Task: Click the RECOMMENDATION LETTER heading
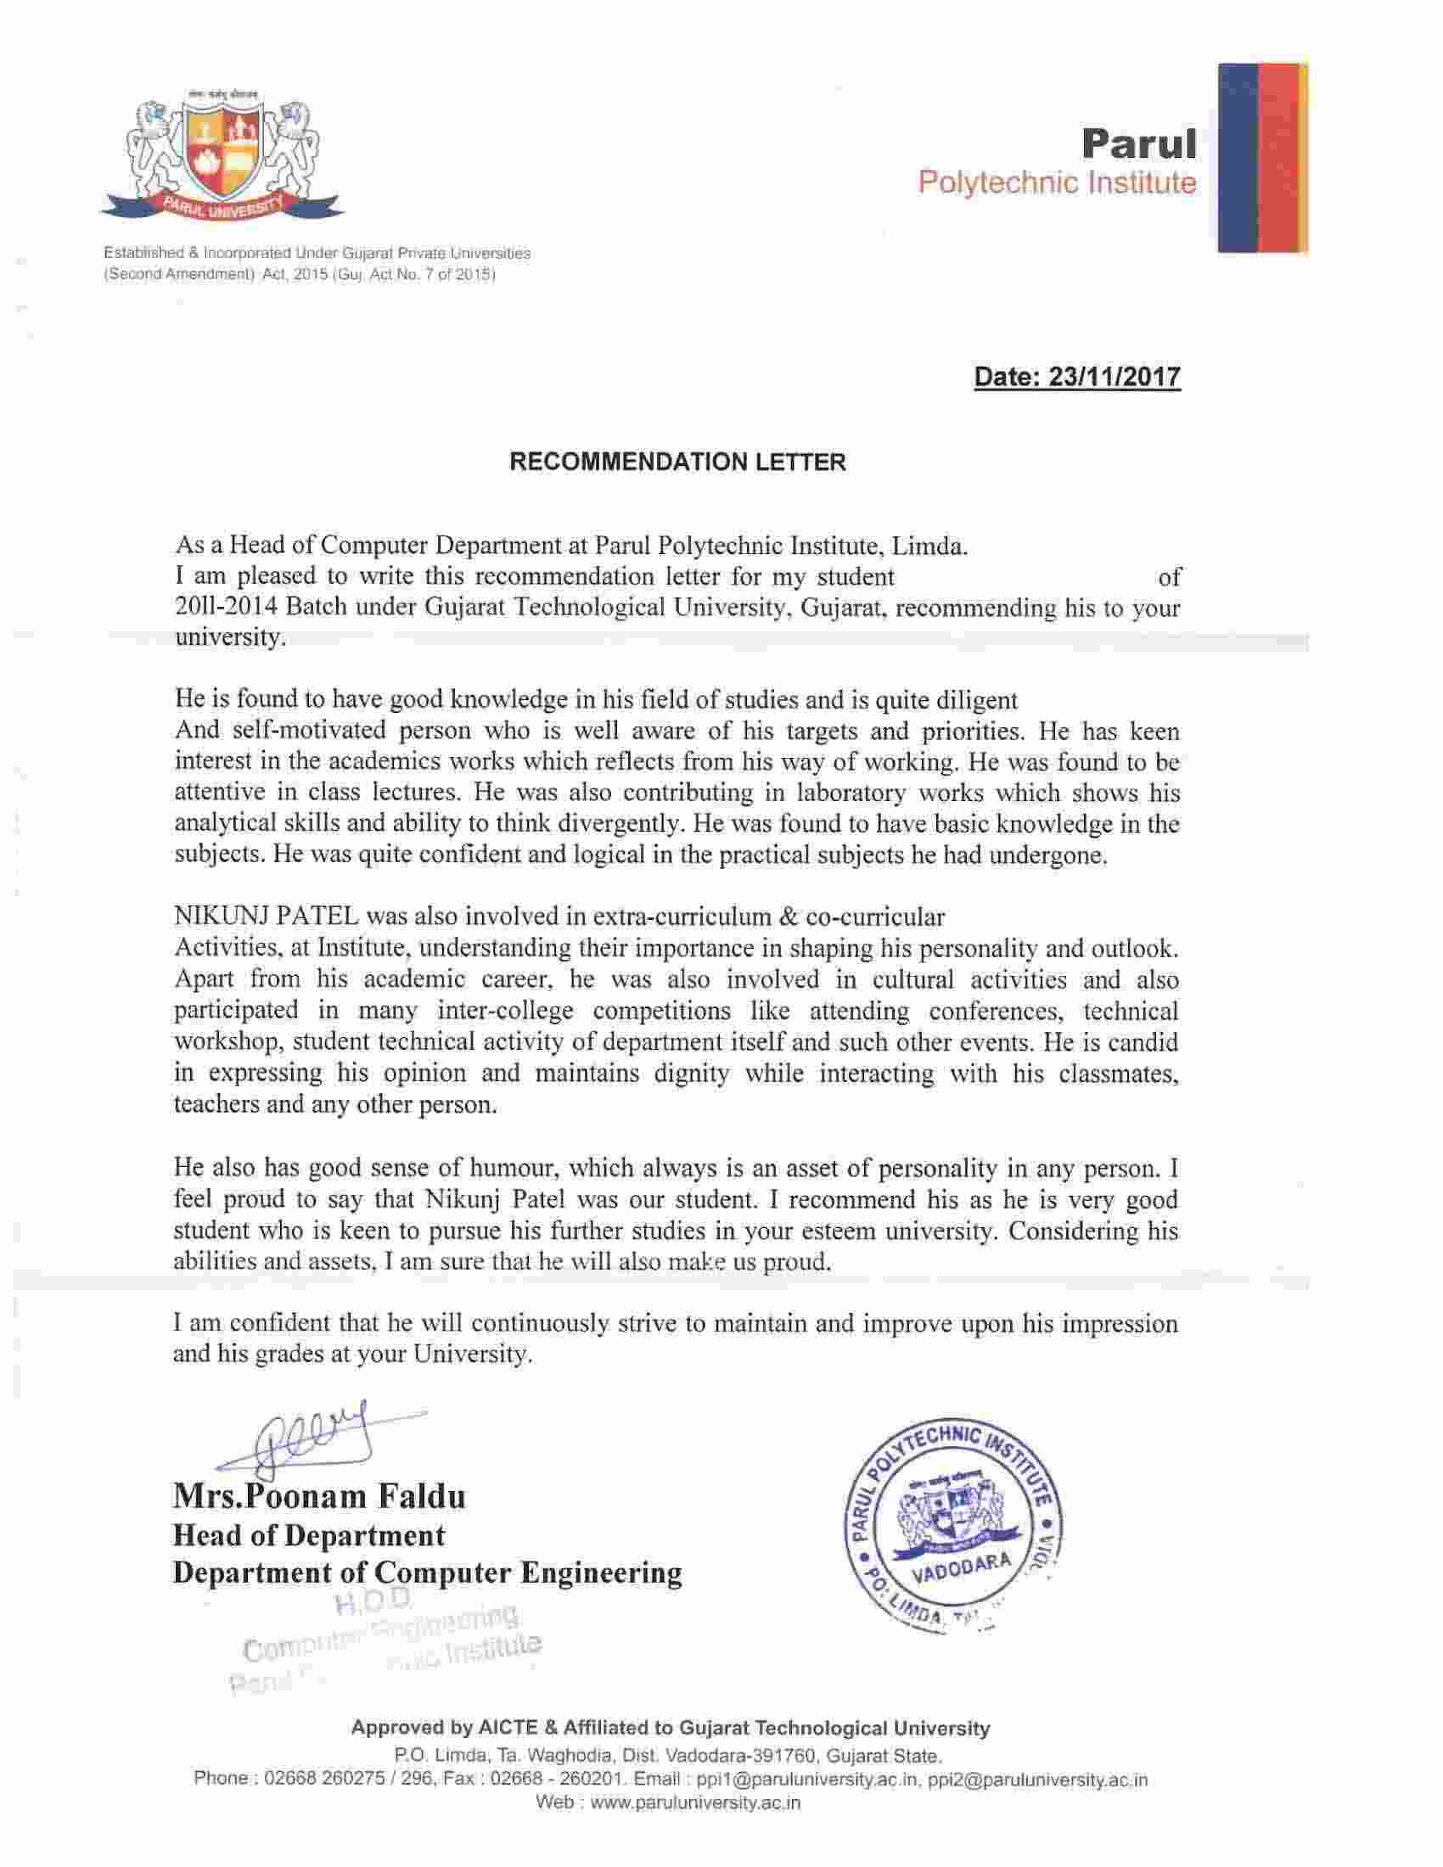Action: click(x=677, y=463)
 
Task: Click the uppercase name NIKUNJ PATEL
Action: click(x=266, y=917)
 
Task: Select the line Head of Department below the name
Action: click(x=309, y=1535)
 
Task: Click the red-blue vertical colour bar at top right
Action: click(x=1261, y=158)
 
